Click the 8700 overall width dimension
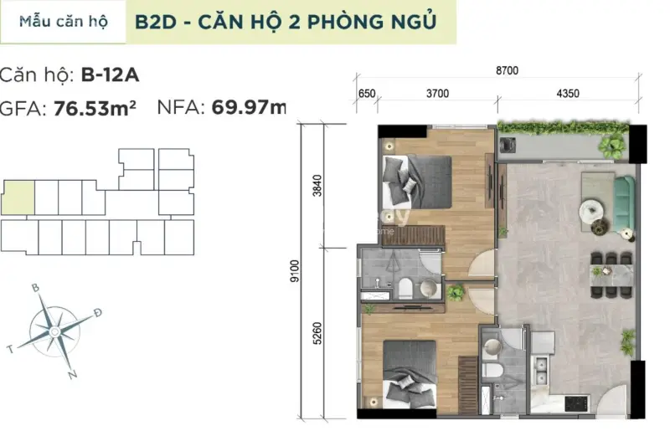coord(507,71)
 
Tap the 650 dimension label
coord(366,94)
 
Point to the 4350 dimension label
coord(567,94)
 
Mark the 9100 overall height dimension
coord(294,272)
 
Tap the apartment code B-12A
coord(110,74)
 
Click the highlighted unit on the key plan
coord(18,196)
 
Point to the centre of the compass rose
coord(54,331)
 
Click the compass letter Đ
coord(98,313)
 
